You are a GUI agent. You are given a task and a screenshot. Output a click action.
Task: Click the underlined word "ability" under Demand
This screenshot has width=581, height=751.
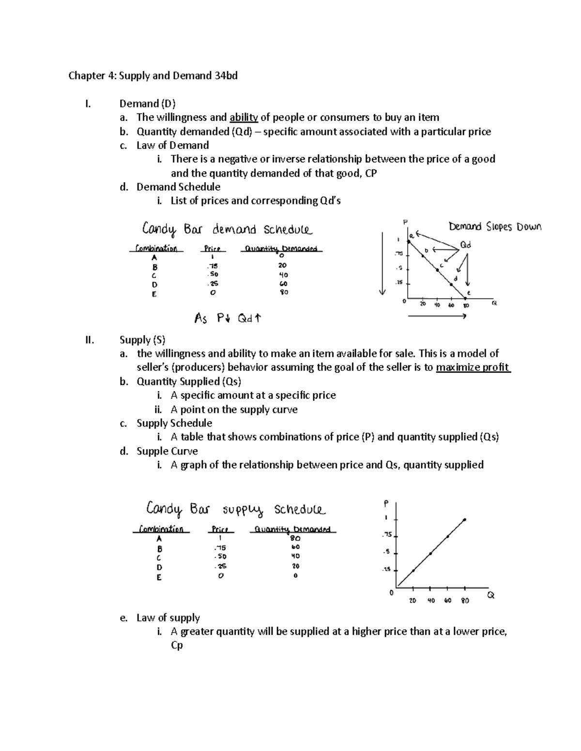click(244, 118)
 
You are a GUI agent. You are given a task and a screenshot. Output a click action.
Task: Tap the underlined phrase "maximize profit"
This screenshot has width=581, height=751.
click(473, 368)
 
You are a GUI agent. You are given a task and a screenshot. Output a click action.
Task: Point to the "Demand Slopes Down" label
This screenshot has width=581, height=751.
click(495, 227)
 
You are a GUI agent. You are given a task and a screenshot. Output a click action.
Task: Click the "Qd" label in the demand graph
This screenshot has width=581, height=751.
click(465, 245)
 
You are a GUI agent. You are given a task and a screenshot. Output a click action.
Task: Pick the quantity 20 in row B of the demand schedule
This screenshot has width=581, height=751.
click(282, 265)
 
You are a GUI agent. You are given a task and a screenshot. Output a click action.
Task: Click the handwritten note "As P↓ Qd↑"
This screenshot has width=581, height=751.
click(228, 318)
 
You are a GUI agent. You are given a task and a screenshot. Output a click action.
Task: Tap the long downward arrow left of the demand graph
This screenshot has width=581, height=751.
click(382, 264)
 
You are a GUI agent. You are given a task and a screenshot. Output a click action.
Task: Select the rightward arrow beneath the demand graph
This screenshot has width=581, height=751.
click(437, 316)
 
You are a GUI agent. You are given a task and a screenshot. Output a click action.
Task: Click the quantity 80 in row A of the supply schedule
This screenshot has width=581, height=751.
click(295, 538)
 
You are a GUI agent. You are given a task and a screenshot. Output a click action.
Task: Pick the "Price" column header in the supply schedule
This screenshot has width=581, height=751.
click(220, 530)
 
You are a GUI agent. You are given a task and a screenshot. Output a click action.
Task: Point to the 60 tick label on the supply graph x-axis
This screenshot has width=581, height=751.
click(447, 601)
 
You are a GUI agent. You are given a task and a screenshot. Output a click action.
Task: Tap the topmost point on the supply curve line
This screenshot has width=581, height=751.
click(464, 520)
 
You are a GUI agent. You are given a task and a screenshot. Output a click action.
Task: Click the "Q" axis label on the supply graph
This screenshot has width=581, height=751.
click(490, 596)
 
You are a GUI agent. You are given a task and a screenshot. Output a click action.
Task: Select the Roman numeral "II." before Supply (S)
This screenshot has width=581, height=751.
click(90, 340)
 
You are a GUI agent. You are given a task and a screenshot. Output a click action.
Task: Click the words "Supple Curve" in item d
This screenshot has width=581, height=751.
click(167, 451)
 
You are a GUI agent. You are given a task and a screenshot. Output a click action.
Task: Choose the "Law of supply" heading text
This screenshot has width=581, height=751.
click(168, 618)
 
